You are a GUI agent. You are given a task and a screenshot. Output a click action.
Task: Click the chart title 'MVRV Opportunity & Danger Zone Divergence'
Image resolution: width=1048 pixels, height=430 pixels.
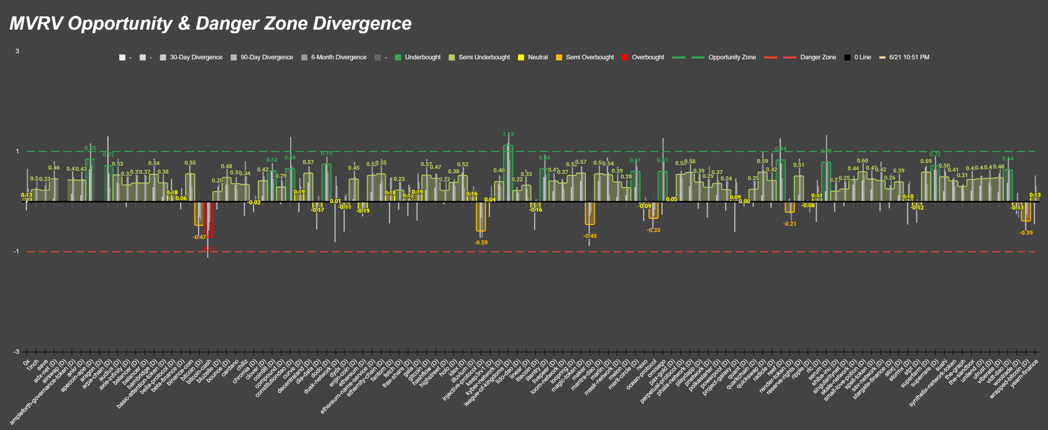tap(210, 24)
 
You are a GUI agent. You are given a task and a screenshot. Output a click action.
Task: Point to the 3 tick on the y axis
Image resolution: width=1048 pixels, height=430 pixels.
tap(17, 51)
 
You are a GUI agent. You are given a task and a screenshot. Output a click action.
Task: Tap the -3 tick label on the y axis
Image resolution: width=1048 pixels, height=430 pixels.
tap(16, 352)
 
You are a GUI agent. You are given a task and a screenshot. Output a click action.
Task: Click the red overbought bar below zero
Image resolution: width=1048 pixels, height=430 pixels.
tap(208, 220)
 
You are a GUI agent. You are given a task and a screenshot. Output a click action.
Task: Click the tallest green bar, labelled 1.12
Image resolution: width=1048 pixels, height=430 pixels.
tap(508, 174)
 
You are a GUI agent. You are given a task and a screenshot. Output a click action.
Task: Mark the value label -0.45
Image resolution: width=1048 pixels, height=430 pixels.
tap(590, 236)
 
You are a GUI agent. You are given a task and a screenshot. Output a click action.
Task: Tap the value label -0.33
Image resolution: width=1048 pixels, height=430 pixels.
tap(653, 230)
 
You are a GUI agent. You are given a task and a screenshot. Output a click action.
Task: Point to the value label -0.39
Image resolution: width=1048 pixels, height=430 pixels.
tap(1026, 233)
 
